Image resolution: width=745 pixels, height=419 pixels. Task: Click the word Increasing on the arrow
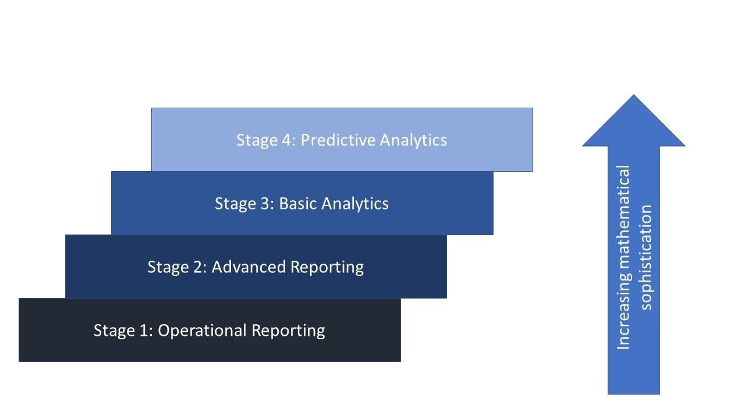pyautogui.click(x=623, y=317)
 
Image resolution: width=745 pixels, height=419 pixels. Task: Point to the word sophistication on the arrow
pyautogui.click(x=646, y=256)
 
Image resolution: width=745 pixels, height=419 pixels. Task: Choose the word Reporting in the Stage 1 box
pyautogui.click(x=288, y=331)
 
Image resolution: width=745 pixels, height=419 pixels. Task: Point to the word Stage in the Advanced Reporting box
pyautogui.click(x=166, y=267)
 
